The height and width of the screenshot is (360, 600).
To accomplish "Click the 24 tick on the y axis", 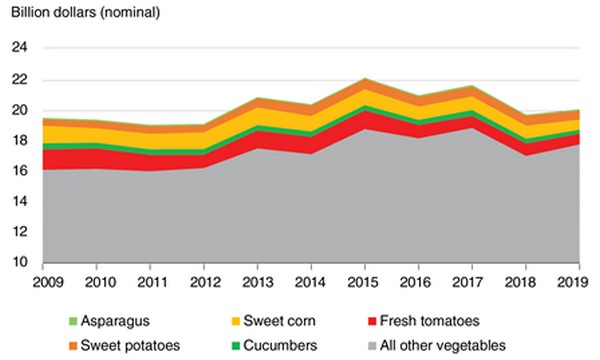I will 20,48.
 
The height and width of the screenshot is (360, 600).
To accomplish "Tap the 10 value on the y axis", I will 20,263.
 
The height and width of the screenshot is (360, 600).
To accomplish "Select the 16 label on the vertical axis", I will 20,171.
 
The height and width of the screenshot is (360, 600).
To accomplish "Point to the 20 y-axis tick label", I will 20,110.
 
